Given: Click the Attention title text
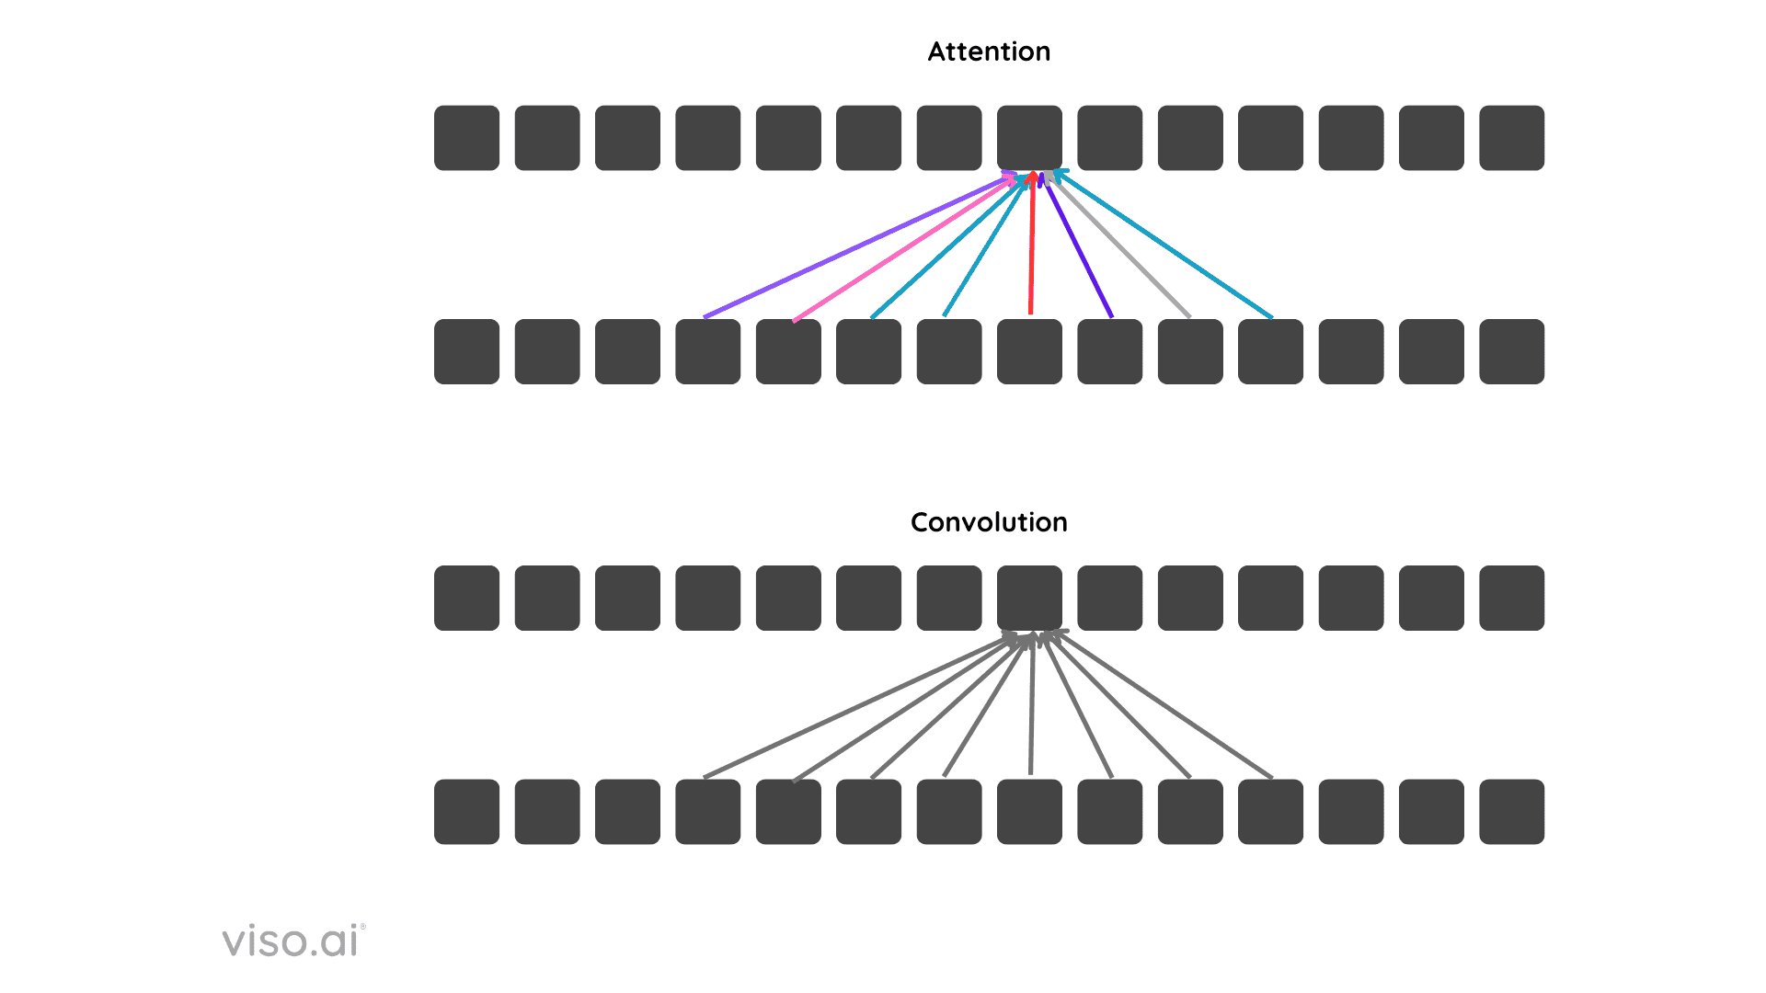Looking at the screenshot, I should pos(989,51).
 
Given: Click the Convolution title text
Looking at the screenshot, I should pos(989,522).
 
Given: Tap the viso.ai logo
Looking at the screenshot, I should pos(293,941).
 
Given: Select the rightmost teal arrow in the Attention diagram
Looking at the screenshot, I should pos(1164,245).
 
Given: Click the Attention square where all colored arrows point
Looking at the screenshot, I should pos(1029,138).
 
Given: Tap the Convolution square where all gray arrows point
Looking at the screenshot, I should pos(1029,598).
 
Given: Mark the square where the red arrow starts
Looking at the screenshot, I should pos(1029,351).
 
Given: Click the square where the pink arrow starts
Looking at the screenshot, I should pos(788,351).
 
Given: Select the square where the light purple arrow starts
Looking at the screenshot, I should pos(707,351).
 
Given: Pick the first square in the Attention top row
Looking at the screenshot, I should pos(466,138).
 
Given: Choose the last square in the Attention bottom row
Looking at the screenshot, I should pos(1511,351).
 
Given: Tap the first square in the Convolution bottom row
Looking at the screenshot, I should pos(466,812).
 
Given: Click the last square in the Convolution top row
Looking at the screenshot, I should pos(1511,598).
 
